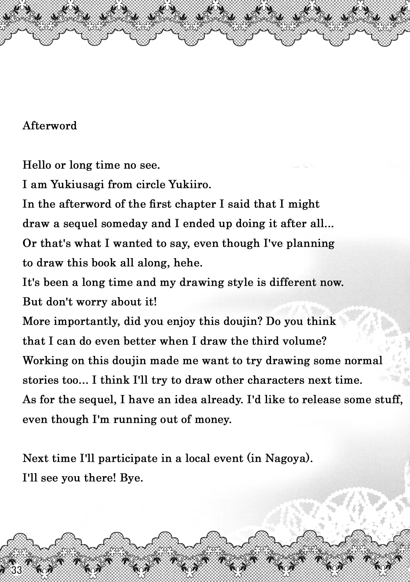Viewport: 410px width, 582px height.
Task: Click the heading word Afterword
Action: (x=50, y=126)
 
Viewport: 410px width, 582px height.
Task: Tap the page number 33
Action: (x=17, y=570)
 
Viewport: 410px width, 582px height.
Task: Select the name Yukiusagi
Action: (x=77, y=185)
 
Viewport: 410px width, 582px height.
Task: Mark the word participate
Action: (x=128, y=458)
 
